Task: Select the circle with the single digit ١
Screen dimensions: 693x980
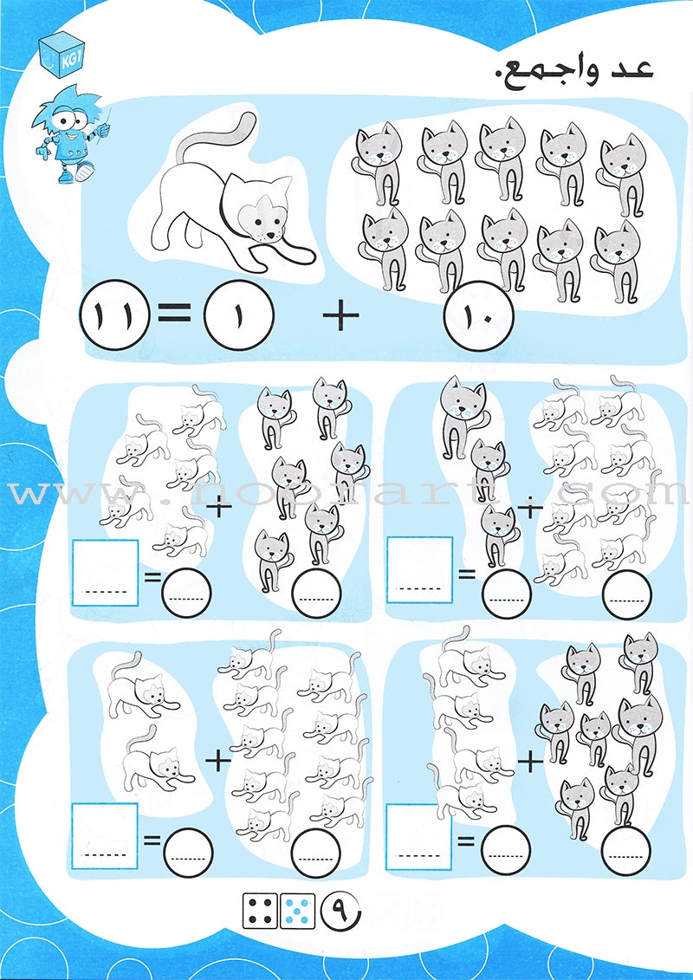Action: (239, 313)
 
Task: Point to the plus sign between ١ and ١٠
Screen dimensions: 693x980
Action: (340, 313)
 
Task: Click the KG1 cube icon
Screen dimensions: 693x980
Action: (62, 55)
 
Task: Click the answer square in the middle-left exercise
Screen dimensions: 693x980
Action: (106, 573)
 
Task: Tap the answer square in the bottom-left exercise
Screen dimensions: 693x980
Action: (105, 835)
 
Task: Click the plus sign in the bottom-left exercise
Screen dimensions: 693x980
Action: (218, 762)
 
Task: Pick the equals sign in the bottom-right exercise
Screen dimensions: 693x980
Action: (466, 841)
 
